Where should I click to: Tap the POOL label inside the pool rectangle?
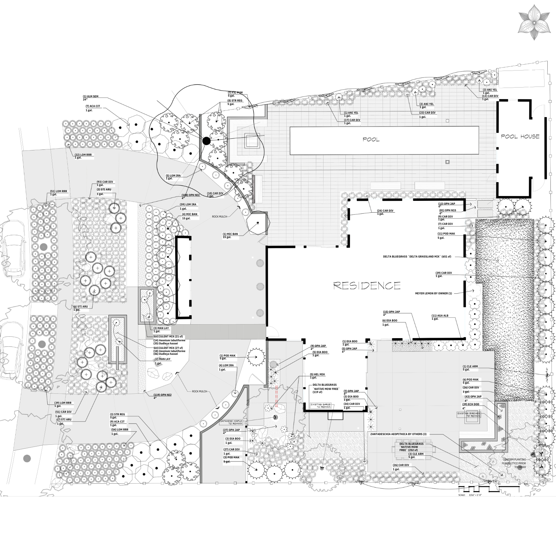click(x=371, y=139)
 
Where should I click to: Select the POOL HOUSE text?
click(x=520, y=137)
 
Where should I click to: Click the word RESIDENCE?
click(x=367, y=286)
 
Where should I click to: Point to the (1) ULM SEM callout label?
click(x=90, y=96)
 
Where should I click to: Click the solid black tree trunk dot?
click(x=206, y=141)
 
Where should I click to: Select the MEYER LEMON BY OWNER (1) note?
click(x=433, y=293)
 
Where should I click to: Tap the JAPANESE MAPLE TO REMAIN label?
click(x=231, y=422)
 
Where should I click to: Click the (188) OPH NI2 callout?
click(x=191, y=195)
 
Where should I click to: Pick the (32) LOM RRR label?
click(x=83, y=155)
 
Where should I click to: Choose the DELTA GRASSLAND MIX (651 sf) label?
click(x=417, y=256)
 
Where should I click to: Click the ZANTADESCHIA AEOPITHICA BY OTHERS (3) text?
click(x=398, y=434)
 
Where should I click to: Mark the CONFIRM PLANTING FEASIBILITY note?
click(x=514, y=463)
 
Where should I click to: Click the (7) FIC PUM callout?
click(x=235, y=92)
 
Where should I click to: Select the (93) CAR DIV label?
click(x=105, y=182)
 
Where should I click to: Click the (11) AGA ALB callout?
click(x=440, y=316)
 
